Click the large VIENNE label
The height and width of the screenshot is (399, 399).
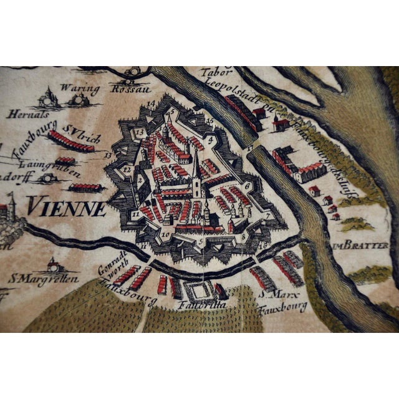[67, 206]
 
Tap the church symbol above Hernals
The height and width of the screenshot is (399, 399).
[47, 97]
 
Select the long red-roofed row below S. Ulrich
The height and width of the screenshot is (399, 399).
[72, 140]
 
